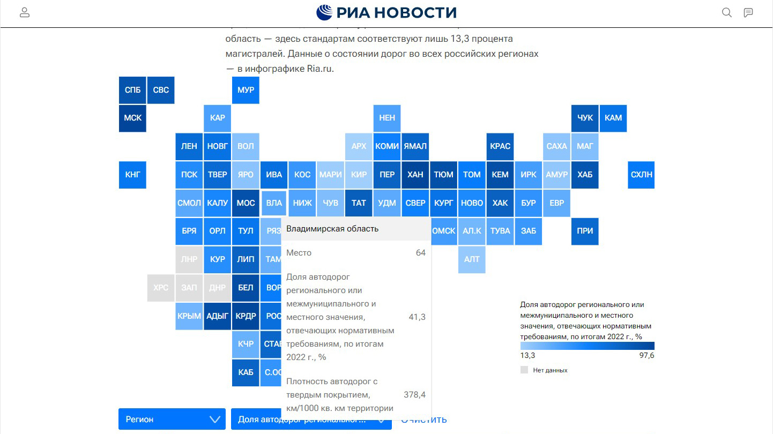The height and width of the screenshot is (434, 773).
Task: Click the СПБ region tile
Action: tap(132, 90)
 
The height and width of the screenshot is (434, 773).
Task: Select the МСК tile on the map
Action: tap(132, 118)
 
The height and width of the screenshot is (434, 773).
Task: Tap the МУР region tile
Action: tap(246, 90)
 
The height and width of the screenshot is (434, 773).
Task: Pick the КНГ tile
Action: tap(132, 175)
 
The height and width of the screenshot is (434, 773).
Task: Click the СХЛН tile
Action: tap(641, 175)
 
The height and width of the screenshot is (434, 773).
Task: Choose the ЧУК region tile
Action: tap(585, 118)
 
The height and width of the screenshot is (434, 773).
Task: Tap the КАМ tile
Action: tap(613, 118)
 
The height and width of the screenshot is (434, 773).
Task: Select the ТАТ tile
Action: tap(359, 203)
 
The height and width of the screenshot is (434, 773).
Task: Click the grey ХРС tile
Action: tap(161, 288)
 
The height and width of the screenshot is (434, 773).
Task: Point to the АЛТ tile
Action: tap(472, 259)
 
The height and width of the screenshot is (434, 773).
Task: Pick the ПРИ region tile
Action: tap(585, 231)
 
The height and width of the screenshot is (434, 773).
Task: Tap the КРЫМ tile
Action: tap(189, 316)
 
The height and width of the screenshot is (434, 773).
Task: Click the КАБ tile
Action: tap(246, 372)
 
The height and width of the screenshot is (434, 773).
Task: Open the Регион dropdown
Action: tap(172, 419)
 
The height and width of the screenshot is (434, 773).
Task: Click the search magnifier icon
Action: tap(727, 13)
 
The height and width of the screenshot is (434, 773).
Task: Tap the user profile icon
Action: tap(25, 13)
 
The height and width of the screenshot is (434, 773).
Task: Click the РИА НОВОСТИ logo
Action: tap(386, 12)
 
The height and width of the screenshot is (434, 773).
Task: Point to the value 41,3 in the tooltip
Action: tap(417, 317)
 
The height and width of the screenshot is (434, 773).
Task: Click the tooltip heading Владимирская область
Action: tap(332, 229)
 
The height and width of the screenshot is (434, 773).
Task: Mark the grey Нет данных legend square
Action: tap(524, 370)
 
